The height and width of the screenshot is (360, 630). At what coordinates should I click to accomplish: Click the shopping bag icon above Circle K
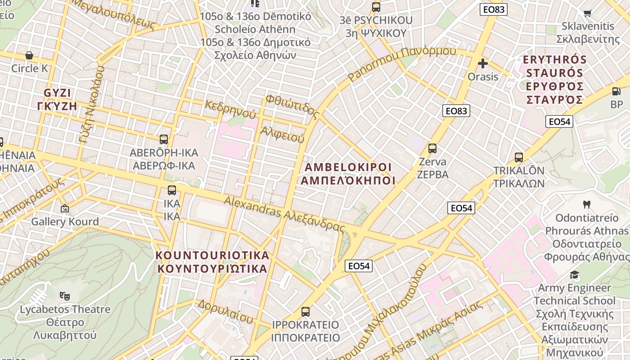[29, 55]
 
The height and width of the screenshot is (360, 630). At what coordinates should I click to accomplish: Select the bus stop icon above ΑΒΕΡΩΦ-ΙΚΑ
[164, 139]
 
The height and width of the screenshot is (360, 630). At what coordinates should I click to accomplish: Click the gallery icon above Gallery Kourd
[65, 208]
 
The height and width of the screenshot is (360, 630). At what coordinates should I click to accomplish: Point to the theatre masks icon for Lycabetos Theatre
[65, 296]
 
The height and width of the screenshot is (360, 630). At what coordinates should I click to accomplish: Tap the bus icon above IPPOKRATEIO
[306, 311]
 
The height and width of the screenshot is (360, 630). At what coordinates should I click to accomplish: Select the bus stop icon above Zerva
[432, 148]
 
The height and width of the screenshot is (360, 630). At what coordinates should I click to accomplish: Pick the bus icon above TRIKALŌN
[519, 157]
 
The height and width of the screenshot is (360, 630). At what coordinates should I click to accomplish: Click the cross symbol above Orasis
[483, 63]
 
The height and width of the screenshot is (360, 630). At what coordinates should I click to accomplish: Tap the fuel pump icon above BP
[616, 91]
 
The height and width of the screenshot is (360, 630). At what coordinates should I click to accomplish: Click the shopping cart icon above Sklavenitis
[587, 13]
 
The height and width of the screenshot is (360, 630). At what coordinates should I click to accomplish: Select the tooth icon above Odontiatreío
[586, 205]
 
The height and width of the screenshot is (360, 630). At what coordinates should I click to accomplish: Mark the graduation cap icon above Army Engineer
[574, 274]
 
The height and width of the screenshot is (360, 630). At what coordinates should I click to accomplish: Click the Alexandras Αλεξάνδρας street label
[284, 214]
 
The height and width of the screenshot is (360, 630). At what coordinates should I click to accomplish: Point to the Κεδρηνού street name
[230, 109]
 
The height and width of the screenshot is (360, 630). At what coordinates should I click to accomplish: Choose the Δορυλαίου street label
[225, 310]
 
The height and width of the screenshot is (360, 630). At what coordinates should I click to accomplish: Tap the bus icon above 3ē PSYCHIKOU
[376, 7]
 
